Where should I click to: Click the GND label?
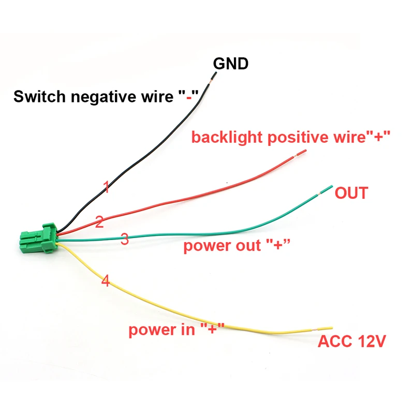[231, 64]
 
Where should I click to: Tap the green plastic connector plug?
[38, 239]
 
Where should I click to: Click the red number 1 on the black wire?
[107, 187]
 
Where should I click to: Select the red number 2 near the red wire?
[99, 221]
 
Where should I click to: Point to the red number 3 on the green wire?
[125, 239]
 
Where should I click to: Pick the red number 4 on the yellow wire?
[106, 280]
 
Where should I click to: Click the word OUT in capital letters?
[351, 193]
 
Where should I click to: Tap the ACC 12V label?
[352, 341]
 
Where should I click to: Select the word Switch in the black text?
[40, 96]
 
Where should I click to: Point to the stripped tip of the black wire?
[214, 77]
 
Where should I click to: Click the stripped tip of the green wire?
[327, 190]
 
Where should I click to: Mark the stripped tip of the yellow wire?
[322, 329]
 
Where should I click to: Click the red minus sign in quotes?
[189, 98]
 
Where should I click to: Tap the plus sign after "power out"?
[278, 245]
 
